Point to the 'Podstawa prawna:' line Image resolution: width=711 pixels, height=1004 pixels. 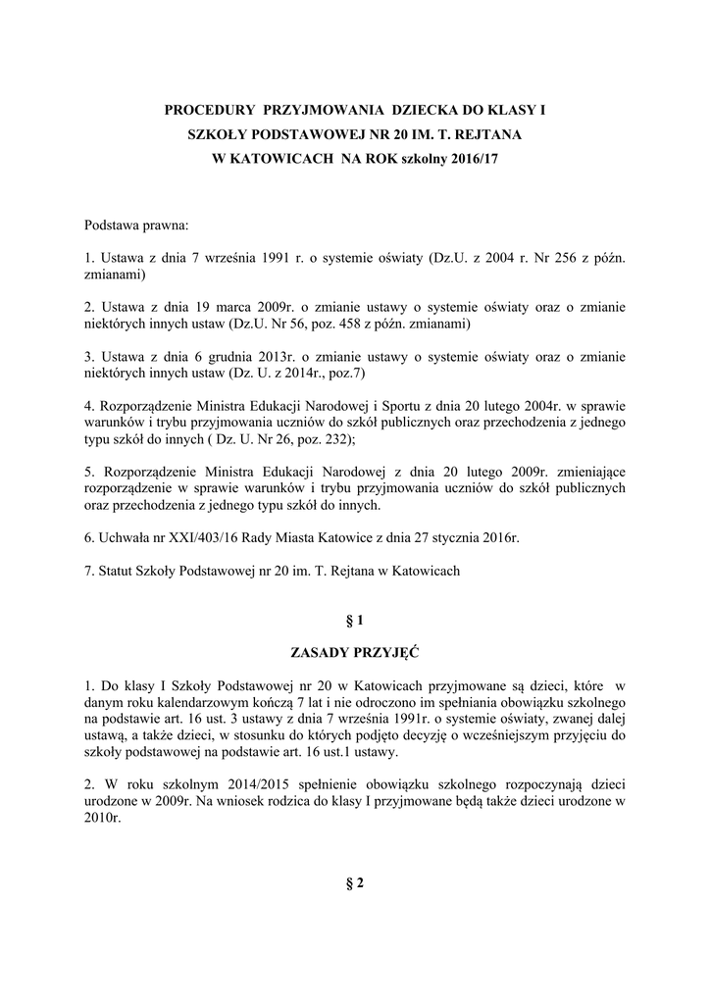[135, 226]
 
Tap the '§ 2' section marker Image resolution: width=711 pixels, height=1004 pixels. [355, 883]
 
